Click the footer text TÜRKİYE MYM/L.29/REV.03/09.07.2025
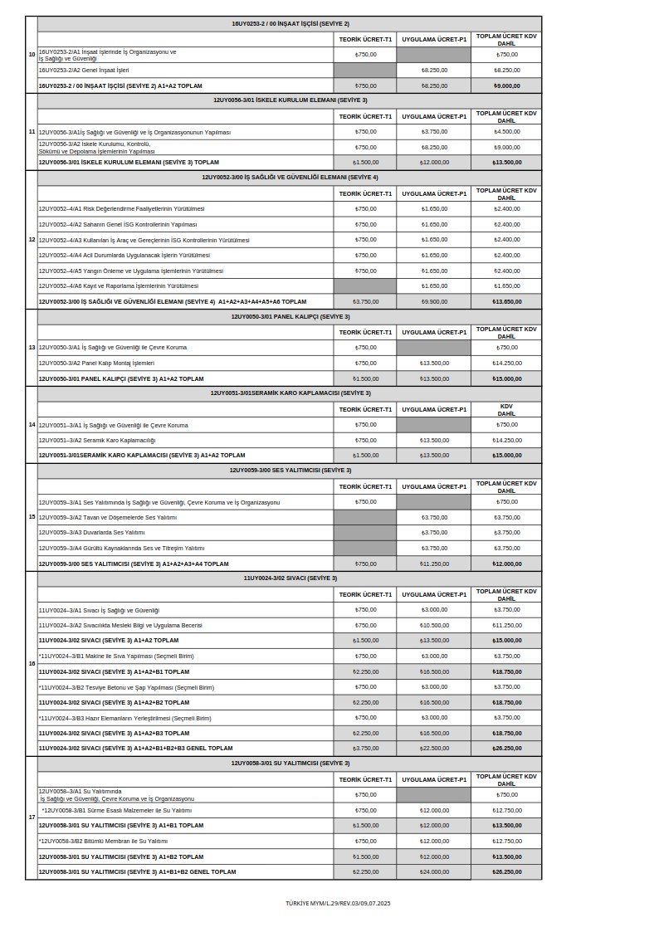tap(337, 902)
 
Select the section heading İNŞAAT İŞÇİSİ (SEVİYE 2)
tap(290, 24)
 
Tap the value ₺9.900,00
tap(434, 301)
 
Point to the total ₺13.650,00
tap(506, 301)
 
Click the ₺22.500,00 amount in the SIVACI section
tap(434, 748)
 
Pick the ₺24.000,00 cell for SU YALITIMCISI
tap(434, 871)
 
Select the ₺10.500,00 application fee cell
tap(434, 625)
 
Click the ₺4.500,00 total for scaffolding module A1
tap(506, 132)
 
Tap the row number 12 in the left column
tap(32, 239)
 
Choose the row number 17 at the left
tap(32, 817)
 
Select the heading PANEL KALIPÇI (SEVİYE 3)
tap(290, 316)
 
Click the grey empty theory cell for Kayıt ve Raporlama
tap(364, 285)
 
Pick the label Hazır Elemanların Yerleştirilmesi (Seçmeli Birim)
tap(125, 718)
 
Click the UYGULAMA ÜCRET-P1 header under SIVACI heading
tap(434, 594)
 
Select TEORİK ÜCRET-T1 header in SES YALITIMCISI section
tap(364, 486)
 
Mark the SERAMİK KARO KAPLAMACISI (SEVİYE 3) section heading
tap(290, 393)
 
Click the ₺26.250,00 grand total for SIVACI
tap(506, 748)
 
